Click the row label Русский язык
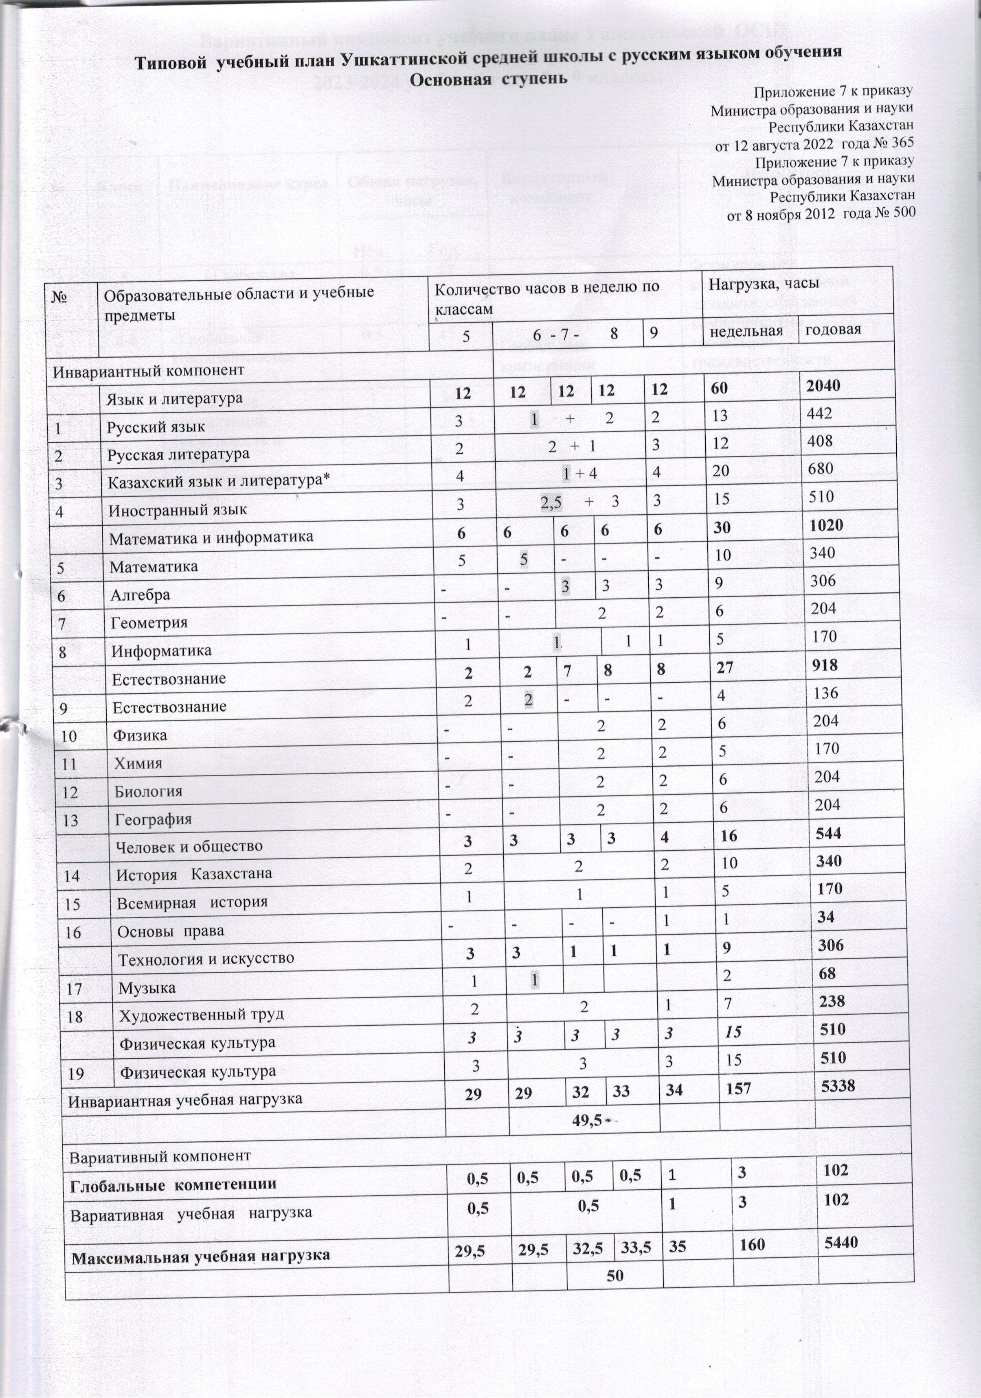(156, 427)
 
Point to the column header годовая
(833, 330)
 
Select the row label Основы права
(171, 931)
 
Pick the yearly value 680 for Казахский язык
(820, 469)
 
